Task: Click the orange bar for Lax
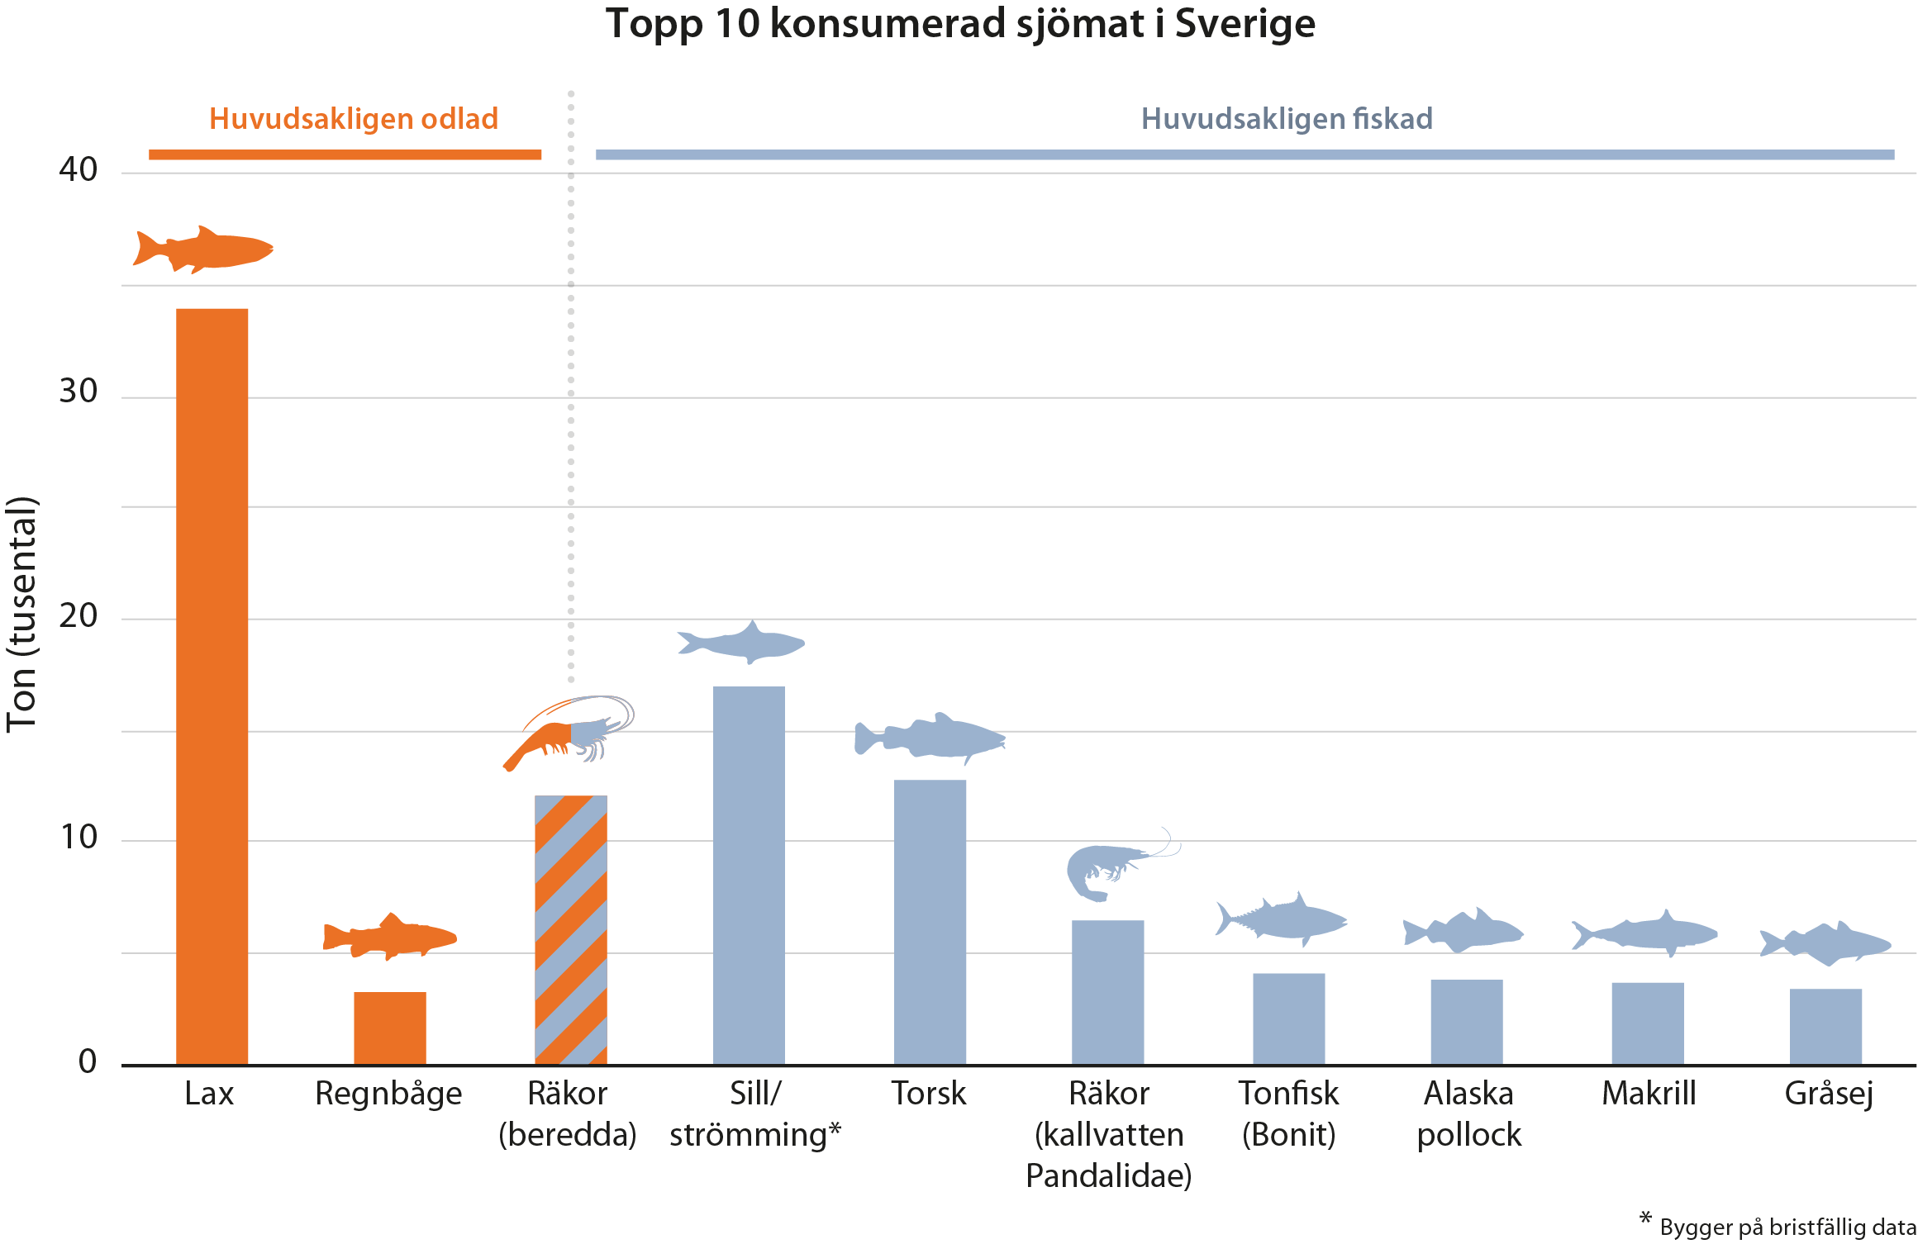pyautogui.click(x=212, y=686)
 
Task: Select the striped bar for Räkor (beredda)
pyautogui.click(x=570, y=929)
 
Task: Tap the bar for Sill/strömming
pyautogui.click(x=749, y=876)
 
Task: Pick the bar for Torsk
pyautogui.click(x=930, y=921)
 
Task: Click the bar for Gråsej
pyautogui.click(x=1825, y=1026)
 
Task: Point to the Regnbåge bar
pyautogui.click(x=389, y=1028)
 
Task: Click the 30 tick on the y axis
pyautogui.click(x=79, y=392)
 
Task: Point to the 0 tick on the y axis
pyautogui.click(x=88, y=1061)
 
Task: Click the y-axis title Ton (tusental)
pyautogui.click(x=22, y=615)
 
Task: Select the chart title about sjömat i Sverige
pyautogui.click(x=960, y=23)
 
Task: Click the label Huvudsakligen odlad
pyautogui.click(x=353, y=119)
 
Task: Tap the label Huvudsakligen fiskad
pyautogui.click(x=1287, y=119)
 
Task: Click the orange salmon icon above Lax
pyautogui.click(x=203, y=249)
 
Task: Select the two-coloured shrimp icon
pyautogui.click(x=569, y=731)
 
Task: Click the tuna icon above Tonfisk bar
pyautogui.click(x=1281, y=919)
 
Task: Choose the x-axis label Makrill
pyautogui.click(x=1649, y=1094)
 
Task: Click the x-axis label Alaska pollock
pyautogui.click(x=1468, y=1113)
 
